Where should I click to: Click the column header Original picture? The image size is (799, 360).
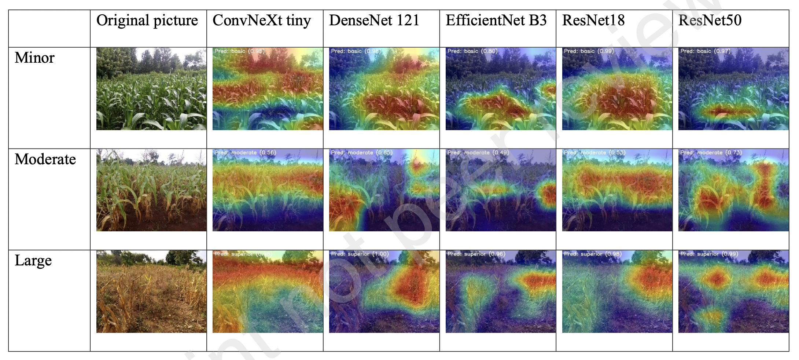[x=147, y=21]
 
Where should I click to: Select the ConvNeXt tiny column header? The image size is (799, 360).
[x=262, y=21]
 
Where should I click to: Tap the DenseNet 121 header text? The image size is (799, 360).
[x=374, y=21]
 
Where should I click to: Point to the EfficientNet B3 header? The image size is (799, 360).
[x=496, y=21]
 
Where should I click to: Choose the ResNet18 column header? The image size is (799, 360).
[x=593, y=21]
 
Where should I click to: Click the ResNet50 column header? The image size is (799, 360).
[x=710, y=21]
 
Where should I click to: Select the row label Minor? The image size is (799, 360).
[x=34, y=58]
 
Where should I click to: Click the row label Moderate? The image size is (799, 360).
[x=45, y=159]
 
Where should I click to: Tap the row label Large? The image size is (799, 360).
[x=33, y=261]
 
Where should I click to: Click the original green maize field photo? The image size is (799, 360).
[x=151, y=89]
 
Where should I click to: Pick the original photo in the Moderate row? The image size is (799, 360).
[x=151, y=190]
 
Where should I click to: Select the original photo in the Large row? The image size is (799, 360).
[x=151, y=291]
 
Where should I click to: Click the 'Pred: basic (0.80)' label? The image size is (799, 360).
[x=472, y=51]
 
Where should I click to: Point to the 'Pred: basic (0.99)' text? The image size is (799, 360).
[x=589, y=51]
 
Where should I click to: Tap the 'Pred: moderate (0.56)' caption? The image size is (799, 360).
[x=245, y=153]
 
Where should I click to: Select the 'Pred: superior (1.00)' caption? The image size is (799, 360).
[x=360, y=254]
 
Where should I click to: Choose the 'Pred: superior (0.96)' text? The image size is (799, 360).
[x=476, y=254]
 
